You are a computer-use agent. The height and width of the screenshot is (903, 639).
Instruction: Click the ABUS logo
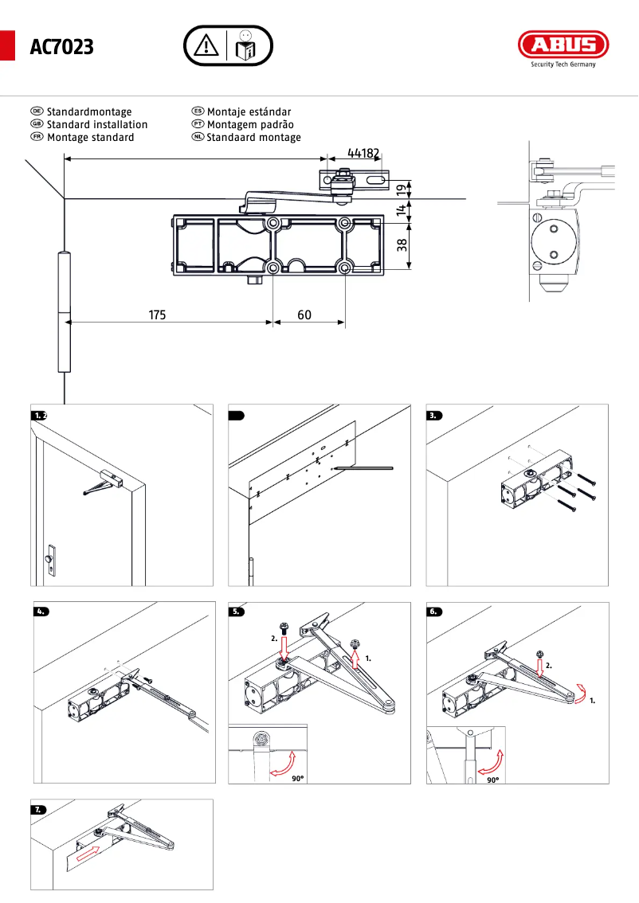pos(563,44)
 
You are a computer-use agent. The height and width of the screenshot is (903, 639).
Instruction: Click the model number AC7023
pos(61,48)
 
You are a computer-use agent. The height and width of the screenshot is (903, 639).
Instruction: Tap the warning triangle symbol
pos(206,46)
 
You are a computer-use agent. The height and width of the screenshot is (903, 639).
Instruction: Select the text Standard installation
pos(97,125)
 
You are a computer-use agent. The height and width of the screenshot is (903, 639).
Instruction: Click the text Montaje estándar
pos(249,112)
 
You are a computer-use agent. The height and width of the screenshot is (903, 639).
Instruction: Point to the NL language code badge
pos(198,138)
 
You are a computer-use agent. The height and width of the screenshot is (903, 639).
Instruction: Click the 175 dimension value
pos(157,315)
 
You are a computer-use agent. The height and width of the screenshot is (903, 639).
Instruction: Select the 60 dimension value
pos(304,315)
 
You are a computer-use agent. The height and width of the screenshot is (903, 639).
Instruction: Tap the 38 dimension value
pos(402,245)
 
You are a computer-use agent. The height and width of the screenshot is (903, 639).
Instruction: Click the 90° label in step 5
pos(297,780)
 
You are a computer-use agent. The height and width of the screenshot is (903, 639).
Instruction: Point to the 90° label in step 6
pos(493,780)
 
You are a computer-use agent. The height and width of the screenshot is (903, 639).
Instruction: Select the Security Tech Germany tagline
pos(563,65)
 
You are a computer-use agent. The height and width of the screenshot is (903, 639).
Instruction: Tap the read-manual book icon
pos(246,48)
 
